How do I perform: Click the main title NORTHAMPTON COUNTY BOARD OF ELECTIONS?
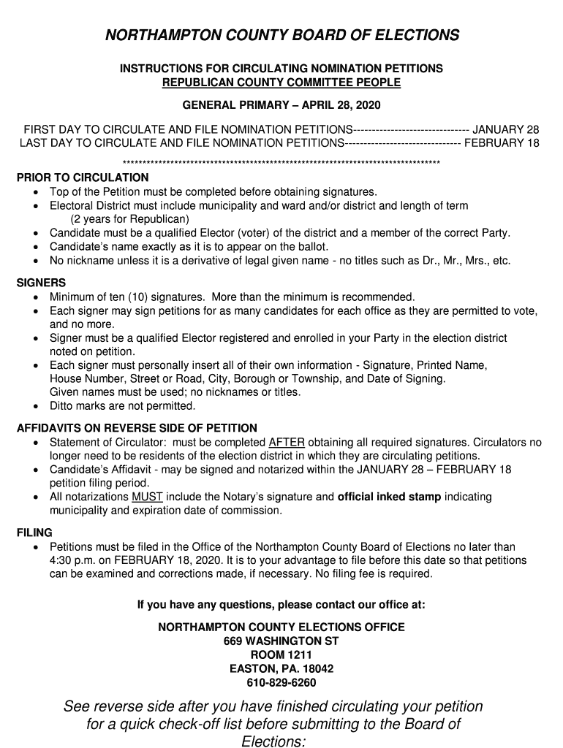tap(281, 36)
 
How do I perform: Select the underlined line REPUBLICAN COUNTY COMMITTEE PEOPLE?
tap(281, 83)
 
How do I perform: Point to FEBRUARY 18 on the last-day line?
tap(502, 142)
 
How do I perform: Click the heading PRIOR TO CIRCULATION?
tap(83, 178)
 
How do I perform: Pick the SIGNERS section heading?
tap(41, 283)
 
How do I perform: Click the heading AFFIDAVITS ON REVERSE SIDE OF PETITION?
tap(137, 428)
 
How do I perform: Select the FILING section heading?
tap(34, 533)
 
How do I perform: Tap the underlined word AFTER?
tap(287, 443)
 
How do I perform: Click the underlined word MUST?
tap(147, 497)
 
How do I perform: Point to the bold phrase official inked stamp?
tap(389, 497)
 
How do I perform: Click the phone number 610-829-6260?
tap(281, 683)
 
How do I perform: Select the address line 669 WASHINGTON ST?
tap(281, 641)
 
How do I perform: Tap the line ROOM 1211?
tap(281, 655)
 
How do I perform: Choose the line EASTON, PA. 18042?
tap(281, 669)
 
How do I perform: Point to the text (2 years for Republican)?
tap(129, 219)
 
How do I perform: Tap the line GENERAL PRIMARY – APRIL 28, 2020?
tap(281, 106)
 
